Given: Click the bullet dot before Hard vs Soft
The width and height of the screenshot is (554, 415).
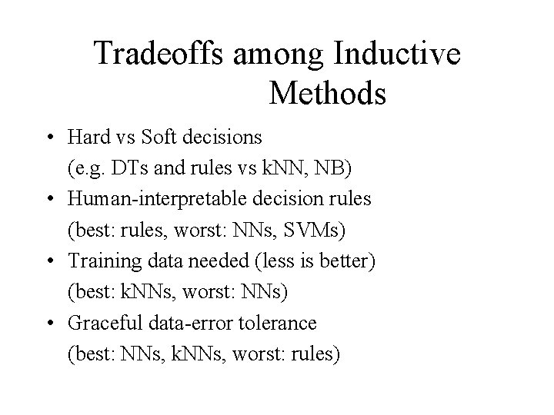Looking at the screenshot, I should click(48, 138).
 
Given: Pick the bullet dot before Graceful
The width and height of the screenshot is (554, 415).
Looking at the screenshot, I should click(48, 324).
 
